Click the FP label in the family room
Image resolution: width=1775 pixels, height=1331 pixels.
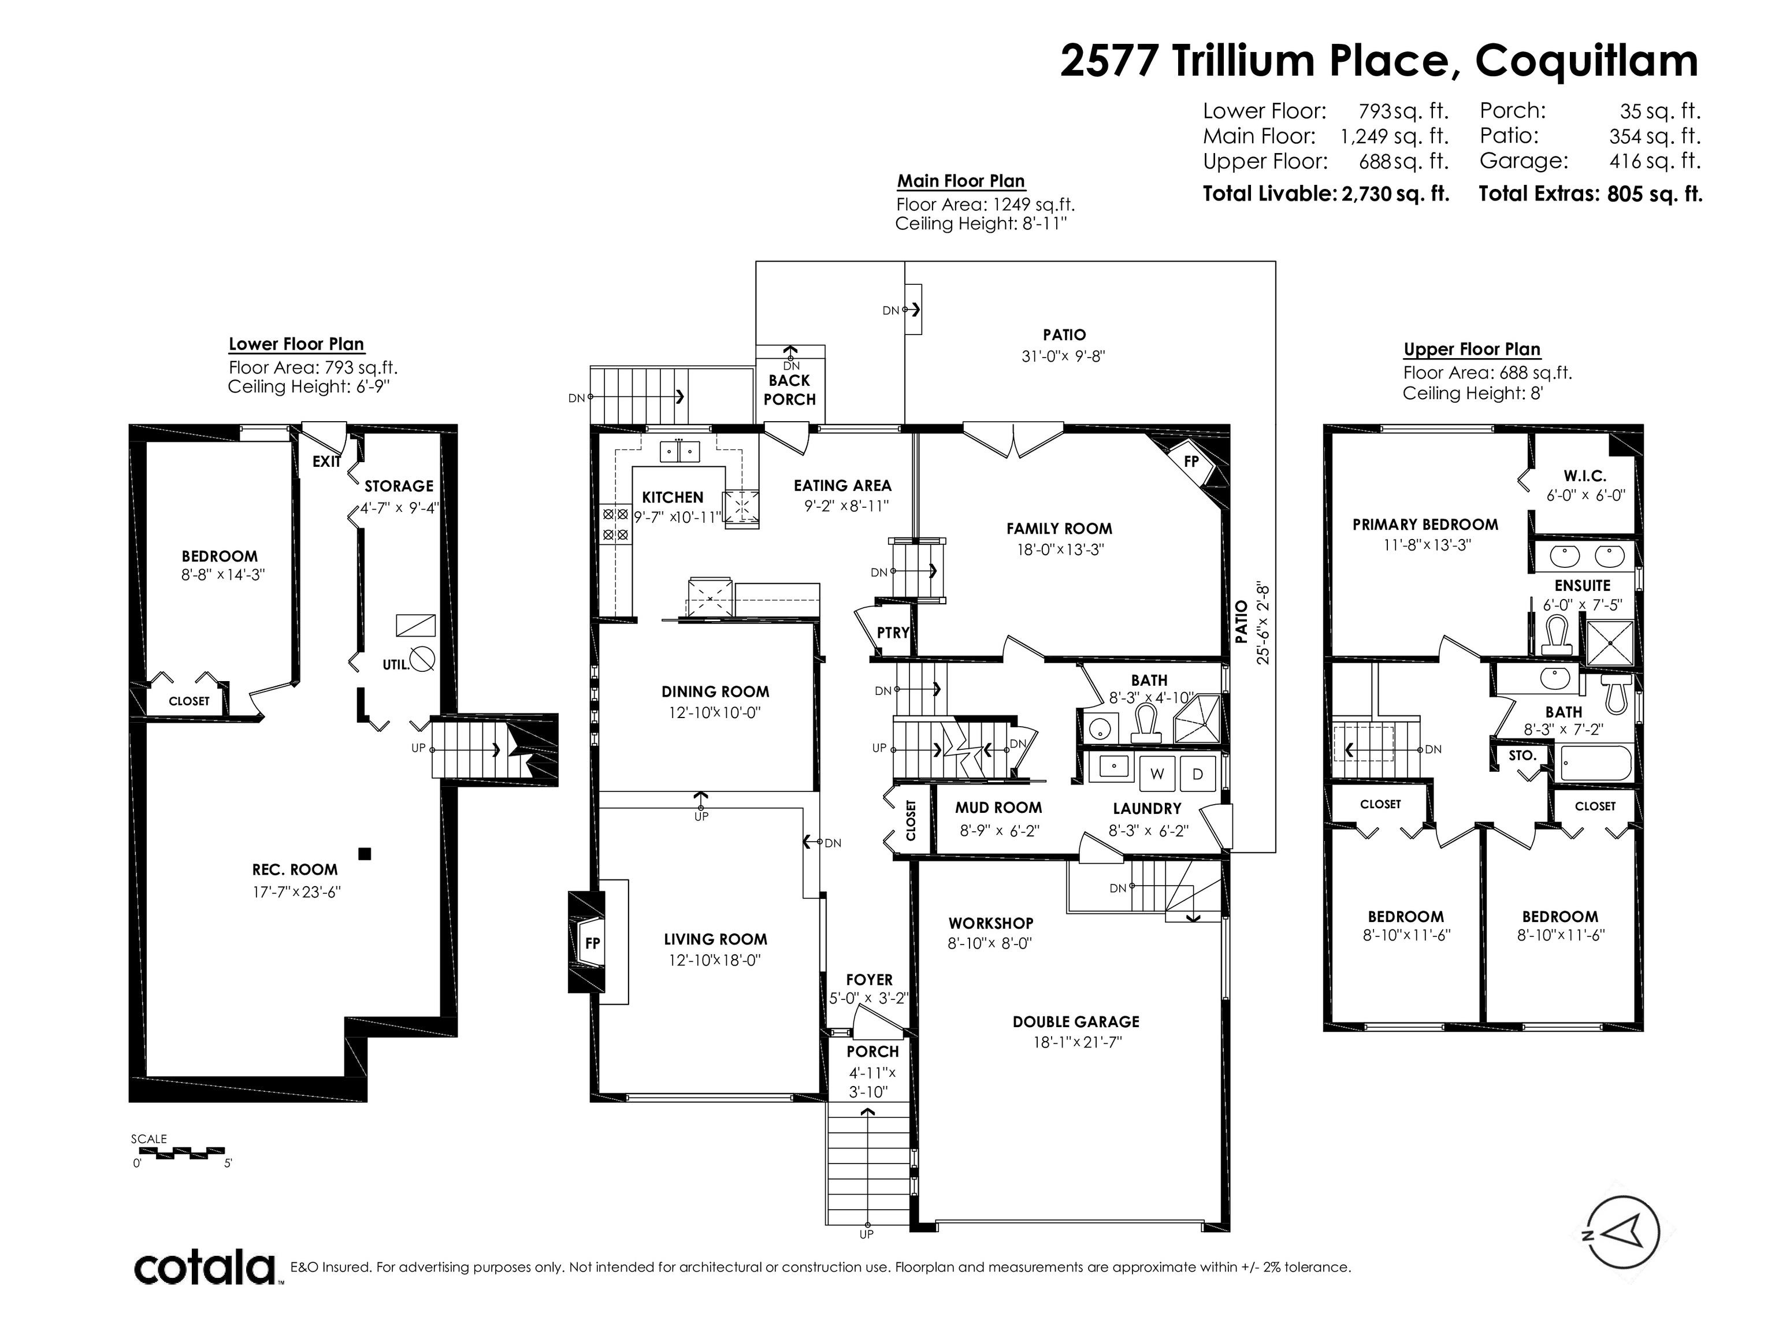click(1191, 462)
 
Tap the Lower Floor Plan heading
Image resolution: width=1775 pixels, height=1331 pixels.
click(296, 344)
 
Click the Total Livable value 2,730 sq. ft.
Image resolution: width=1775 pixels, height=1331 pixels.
click(1395, 194)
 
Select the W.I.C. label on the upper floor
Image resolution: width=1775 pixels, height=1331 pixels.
click(1585, 476)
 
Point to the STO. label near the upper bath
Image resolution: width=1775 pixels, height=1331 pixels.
click(1523, 756)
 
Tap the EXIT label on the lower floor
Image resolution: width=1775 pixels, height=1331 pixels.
click(326, 462)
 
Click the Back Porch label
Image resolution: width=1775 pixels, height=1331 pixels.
click(790, 390)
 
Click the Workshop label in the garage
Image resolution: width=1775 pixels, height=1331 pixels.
click(990, 923)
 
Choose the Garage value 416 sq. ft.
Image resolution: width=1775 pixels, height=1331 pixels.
click(1655, 161)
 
